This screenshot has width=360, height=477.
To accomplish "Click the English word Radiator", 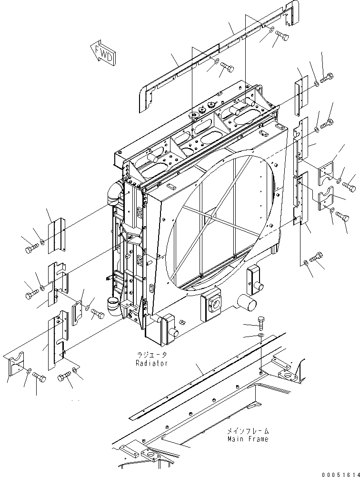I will [x=151, y=363].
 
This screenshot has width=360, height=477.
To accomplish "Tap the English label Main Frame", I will [x=248, y=439].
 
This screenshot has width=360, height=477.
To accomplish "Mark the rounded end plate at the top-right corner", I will [x=290, y=15].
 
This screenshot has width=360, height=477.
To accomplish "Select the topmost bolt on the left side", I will [x=31, y=248].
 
